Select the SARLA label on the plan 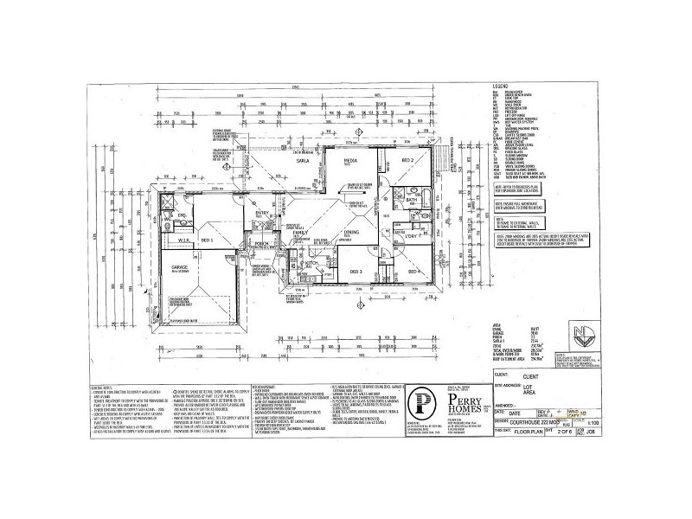[x=303, y=161]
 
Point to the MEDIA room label [x=351, y=160]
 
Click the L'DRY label [x=413, y=235]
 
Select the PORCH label [x=261, y=244]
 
